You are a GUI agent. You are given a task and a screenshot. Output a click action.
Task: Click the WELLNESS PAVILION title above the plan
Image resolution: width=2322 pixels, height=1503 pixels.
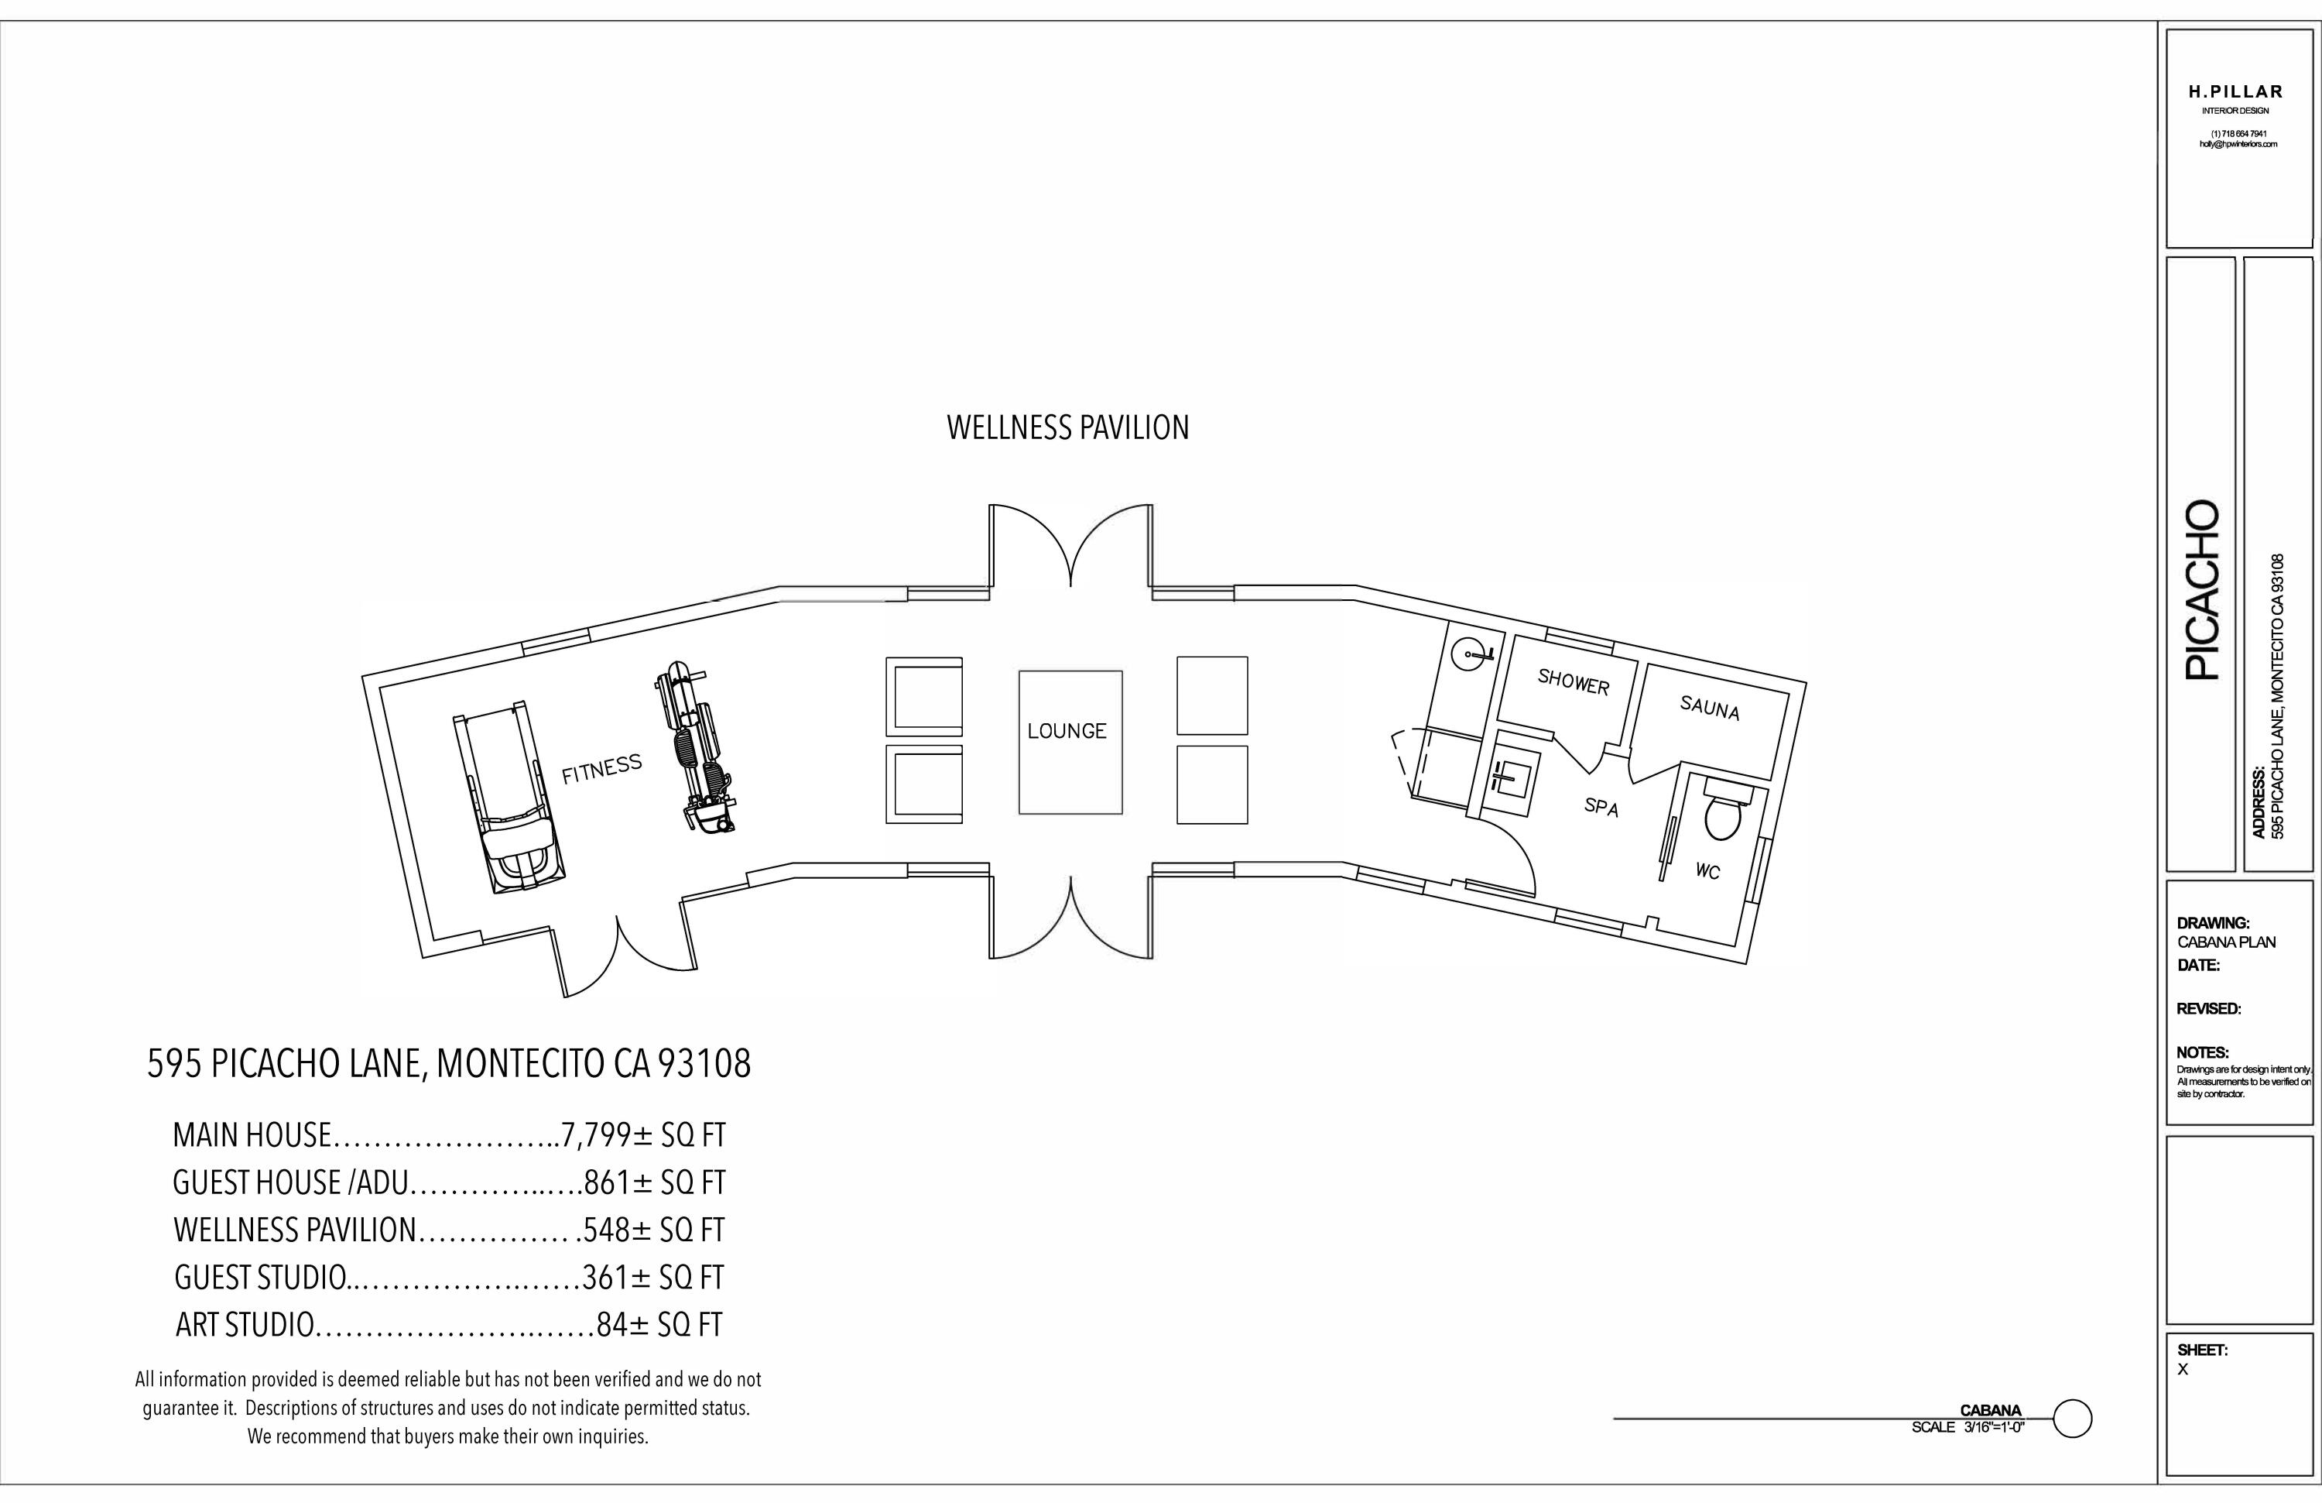point(1067,427)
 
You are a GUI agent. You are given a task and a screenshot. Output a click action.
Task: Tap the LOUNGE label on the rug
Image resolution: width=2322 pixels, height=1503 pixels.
point(1067,731)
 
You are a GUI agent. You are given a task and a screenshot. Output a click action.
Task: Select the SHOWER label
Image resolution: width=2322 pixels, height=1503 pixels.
point(1573,681)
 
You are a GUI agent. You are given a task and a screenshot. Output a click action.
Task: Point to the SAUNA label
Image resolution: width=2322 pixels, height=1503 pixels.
point(1709,707)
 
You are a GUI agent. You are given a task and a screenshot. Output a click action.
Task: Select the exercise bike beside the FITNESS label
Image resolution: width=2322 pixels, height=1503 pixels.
point(694,750)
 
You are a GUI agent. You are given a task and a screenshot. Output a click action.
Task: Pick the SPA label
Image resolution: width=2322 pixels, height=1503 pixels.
point(1601,807)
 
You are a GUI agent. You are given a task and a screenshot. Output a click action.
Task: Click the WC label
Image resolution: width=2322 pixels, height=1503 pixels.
point(1707,870)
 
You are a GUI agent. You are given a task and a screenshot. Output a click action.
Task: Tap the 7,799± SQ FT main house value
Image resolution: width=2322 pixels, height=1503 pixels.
point(644,1135)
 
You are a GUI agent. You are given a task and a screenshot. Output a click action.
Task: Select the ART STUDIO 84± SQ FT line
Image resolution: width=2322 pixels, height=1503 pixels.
point(449,1324)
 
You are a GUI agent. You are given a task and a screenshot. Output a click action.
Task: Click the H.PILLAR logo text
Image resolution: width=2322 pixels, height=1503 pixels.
point(2235,91)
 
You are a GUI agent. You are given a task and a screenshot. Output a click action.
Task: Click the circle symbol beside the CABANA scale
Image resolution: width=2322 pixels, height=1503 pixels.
point(2072,1418)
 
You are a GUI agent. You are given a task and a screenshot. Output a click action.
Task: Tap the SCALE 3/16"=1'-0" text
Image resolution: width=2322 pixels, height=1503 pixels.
point(1968,1427)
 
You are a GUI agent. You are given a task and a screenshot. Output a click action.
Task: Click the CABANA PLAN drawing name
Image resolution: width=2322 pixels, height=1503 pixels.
point(2225,942)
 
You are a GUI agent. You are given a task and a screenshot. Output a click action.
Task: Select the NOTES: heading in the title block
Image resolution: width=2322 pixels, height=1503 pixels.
point(2202,1052)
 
